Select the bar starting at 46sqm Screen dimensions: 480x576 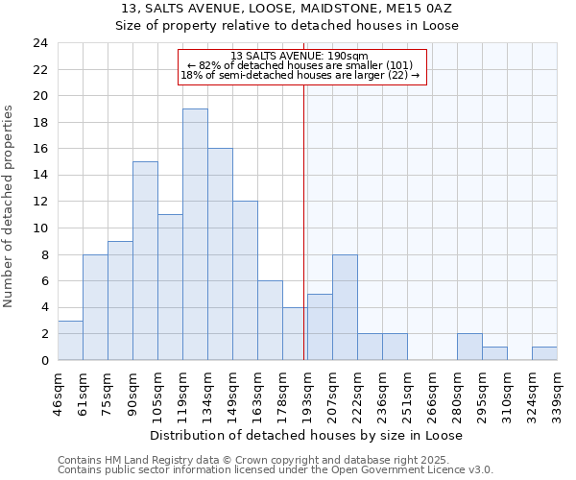click(70, 340)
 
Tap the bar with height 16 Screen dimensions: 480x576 click(220, 254)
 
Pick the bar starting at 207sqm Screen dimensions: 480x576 click(345, 307)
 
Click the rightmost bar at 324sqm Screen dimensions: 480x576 click(544, 353)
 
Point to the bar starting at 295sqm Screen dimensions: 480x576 click(494, 353)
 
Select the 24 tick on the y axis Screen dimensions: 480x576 click(39, 43)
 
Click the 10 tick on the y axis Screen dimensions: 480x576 click(39, 228)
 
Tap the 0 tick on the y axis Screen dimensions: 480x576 click(43, 360)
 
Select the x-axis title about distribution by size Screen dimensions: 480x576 click(306, 435)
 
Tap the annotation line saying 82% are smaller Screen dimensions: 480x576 click(300, 66)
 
